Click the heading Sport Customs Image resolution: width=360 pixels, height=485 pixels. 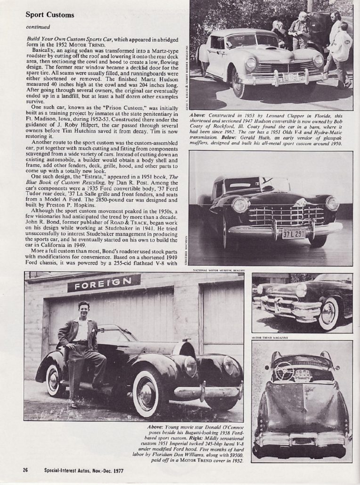(49, 15)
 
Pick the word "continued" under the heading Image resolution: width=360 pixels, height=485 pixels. (35, 27)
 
